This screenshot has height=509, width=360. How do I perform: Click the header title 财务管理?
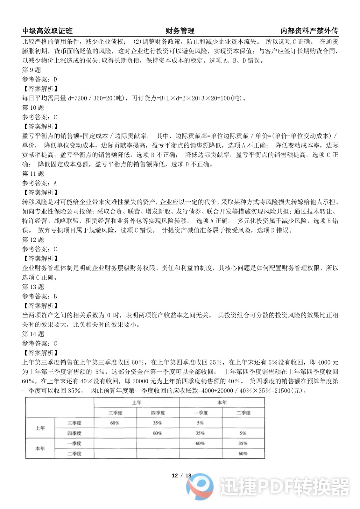coord(180,31)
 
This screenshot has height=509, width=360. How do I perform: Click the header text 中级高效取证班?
coord(47,31)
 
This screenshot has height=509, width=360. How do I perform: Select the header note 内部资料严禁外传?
coord(309,31)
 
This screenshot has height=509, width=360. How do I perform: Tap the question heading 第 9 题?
coord(32,70)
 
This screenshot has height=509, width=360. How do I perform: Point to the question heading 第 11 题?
coord(33,174)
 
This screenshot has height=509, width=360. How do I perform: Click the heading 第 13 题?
coord(33,287)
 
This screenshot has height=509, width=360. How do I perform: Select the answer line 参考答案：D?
coord(39,80)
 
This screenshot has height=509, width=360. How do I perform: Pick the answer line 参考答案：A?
coord(39,183)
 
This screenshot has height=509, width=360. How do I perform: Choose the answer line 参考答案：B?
coord(39,296)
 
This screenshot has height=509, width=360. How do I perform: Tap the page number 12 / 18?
coord(181,476)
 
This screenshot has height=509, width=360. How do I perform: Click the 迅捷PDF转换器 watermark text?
coord(284,487)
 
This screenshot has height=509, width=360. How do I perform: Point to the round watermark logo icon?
coord(200,486)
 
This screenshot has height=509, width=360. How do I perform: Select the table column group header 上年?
coord(137,403)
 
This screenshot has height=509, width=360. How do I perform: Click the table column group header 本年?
coord(222,403)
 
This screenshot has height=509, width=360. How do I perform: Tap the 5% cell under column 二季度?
coord(243,433)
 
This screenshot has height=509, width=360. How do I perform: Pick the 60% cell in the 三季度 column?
coord(115,423)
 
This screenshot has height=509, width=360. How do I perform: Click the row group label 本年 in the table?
coord(40,449)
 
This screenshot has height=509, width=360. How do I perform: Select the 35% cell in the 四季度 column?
coord(158,423)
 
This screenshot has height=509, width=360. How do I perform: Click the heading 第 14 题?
coord(33,334)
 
